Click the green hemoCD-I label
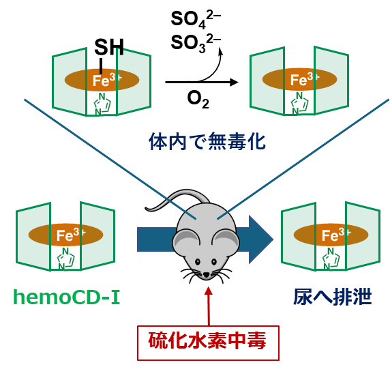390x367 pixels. pos(67,297)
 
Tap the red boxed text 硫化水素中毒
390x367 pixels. pos(207,341)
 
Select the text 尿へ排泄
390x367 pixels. pos(333,297)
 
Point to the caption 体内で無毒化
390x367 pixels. pos(207,142)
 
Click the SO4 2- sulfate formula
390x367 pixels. pos(196,20)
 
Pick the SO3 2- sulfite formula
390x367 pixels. pos(196,43)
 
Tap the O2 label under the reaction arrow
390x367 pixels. pos(198,100)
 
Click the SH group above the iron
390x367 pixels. pos(109,47)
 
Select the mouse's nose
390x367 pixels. pos(207,275)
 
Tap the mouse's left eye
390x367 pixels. pos(198,262)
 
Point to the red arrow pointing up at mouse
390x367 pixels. pos(209,306)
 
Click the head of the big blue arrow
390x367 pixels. pos(261,239)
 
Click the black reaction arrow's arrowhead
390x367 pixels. pos(234,82)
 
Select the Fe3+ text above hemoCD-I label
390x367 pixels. pos(71,235)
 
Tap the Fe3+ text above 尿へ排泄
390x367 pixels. pos(336,235)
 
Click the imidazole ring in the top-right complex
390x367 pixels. pos(300,103)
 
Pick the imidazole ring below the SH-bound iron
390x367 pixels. pos(102,104)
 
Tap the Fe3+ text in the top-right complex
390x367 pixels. pos(305,80)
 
